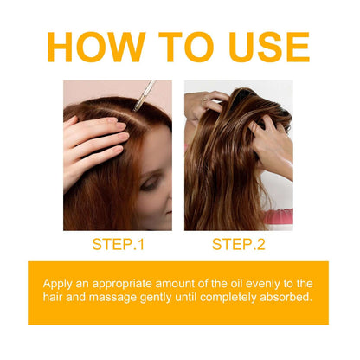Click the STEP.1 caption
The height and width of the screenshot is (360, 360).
point(118,245)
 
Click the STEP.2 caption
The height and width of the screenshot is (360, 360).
point(238,245)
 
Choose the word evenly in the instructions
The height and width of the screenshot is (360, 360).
point(283,284)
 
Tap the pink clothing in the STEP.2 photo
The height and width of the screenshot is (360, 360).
point(280,216)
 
